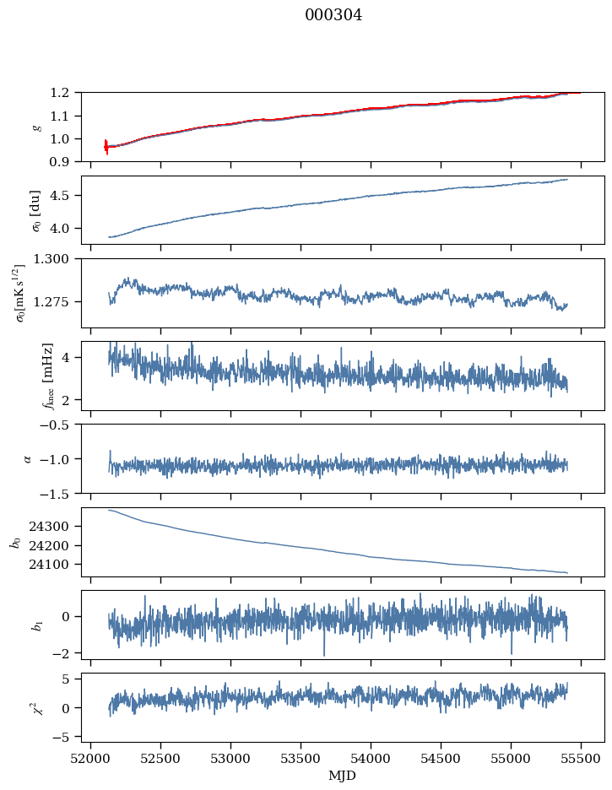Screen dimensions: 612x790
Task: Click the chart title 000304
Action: click(333, 15)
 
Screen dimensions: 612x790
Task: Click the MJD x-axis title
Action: click(343, 776)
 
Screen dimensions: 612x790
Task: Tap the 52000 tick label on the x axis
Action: click(90, 759)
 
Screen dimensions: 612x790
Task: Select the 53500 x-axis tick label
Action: click(301, 759)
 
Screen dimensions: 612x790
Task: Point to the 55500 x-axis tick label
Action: click(581, 759)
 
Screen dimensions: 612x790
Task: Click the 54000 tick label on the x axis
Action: click(371, 759)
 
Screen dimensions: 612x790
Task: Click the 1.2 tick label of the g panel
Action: click(59, 93)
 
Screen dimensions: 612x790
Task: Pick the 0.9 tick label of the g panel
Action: click(59, 162)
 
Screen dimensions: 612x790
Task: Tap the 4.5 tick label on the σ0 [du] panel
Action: click(59, 196)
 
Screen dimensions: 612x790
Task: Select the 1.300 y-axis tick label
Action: click(51, 259)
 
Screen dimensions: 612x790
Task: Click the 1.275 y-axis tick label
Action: click(51, 302)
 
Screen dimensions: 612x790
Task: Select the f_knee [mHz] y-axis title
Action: click(48, 376)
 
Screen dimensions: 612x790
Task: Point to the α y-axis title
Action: click(28, 459)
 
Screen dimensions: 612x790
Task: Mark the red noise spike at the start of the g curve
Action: click(106, 147)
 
